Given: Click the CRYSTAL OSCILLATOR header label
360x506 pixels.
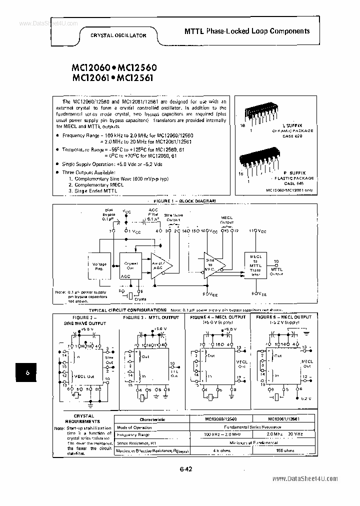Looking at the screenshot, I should (x=118, y=35).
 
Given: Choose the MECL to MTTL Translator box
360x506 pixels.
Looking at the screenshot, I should (x=255, y=265).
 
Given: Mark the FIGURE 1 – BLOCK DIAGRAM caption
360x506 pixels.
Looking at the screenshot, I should (x=184, y=200).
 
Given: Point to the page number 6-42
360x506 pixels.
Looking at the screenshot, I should (x=185, y=468).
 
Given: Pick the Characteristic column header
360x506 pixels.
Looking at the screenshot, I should (x=152, y=419).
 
